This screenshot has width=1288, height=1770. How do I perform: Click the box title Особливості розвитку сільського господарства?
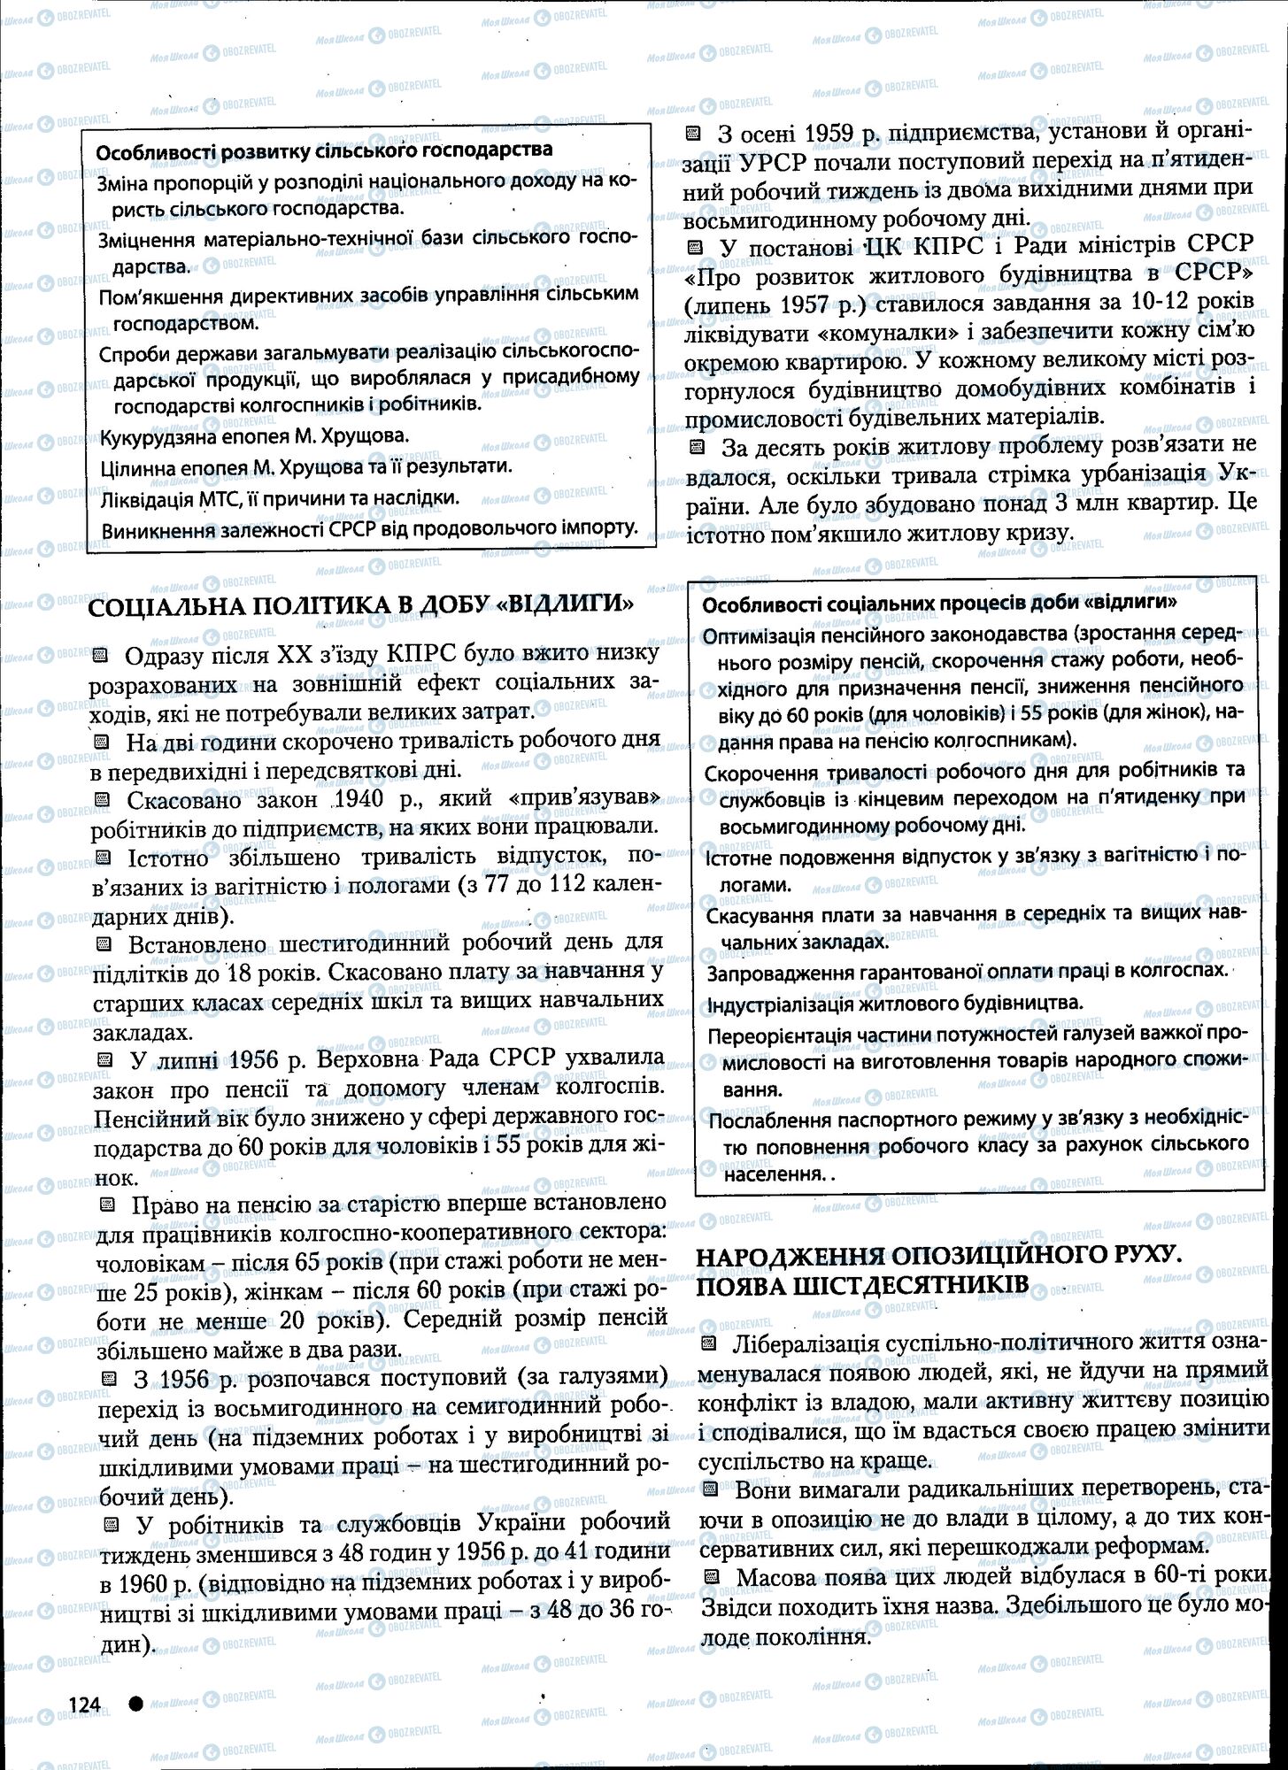point(324,150)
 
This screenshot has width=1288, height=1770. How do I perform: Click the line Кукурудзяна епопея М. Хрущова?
point(255,436)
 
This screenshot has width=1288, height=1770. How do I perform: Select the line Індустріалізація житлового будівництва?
point(895,1004)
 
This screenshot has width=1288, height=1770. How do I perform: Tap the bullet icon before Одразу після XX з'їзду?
point(100,656)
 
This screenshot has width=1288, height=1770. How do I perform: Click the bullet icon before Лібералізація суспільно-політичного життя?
point(708,1345)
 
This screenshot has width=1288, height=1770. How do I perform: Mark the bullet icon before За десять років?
point(696,448)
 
